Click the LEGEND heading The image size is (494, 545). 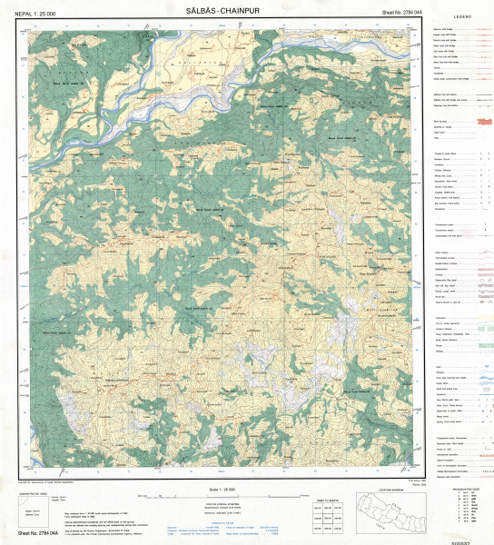[461, 17]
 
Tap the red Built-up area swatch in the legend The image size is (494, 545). [478, 122]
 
